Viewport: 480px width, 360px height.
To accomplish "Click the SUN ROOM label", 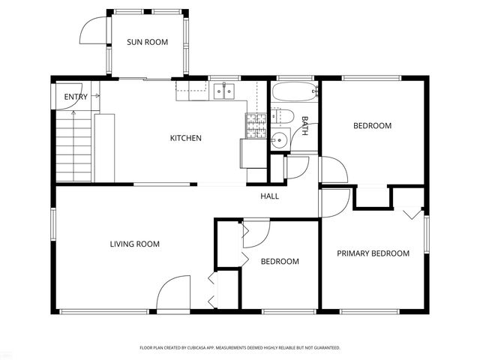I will [146, 43].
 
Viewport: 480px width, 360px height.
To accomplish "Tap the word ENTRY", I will [76, 97].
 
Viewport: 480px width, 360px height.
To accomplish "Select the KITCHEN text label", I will [185, 138].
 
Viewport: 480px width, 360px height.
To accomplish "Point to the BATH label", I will [305, 125].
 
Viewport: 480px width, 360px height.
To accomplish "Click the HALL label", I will [269, 196].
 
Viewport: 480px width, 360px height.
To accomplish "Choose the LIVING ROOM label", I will [135, 244].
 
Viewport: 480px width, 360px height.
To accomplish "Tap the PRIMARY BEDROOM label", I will [373, 253].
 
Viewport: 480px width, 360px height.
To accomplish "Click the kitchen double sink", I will [223, 91].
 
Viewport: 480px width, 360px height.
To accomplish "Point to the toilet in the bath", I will [282, 116].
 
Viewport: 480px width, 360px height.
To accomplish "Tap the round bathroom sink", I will [279, 139].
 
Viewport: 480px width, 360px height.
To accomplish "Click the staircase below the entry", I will [74, 146].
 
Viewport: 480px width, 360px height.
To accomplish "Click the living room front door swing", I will [175, 293].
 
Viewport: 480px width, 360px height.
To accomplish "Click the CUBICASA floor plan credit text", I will [240, 348].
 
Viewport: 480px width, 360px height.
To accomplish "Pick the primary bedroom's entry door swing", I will [334, 202].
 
